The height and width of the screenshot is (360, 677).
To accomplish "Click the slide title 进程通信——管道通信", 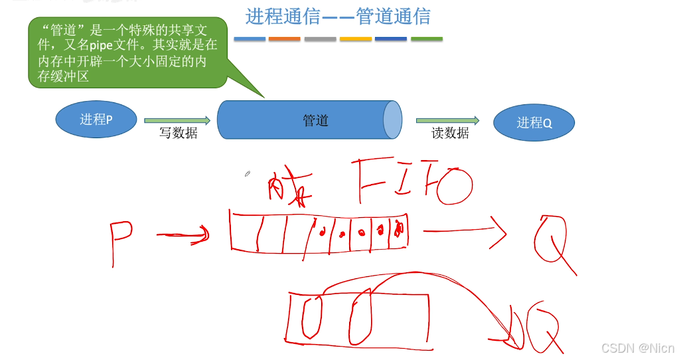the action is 338,16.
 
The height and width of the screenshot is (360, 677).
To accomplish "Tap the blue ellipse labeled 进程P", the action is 96,120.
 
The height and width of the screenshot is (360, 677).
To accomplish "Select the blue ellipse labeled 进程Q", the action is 534,122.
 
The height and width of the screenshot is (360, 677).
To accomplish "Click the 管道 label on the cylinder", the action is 315,120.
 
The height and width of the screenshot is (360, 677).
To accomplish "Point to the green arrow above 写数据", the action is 177,120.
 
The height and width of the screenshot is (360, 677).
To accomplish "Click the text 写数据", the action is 178,133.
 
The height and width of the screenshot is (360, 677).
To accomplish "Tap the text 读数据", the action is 450,133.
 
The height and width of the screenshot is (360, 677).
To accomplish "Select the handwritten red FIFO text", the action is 412,181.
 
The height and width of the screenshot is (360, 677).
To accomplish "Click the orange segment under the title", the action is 284,39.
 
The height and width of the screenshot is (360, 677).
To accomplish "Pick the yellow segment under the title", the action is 355,39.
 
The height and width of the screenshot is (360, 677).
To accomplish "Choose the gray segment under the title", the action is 320,39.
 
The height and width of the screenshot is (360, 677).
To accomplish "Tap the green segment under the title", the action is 426,39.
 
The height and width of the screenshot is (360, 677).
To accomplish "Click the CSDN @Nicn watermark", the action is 637,348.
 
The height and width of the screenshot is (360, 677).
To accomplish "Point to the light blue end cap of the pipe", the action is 392,120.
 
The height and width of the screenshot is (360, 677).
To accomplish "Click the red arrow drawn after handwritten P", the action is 183,234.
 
